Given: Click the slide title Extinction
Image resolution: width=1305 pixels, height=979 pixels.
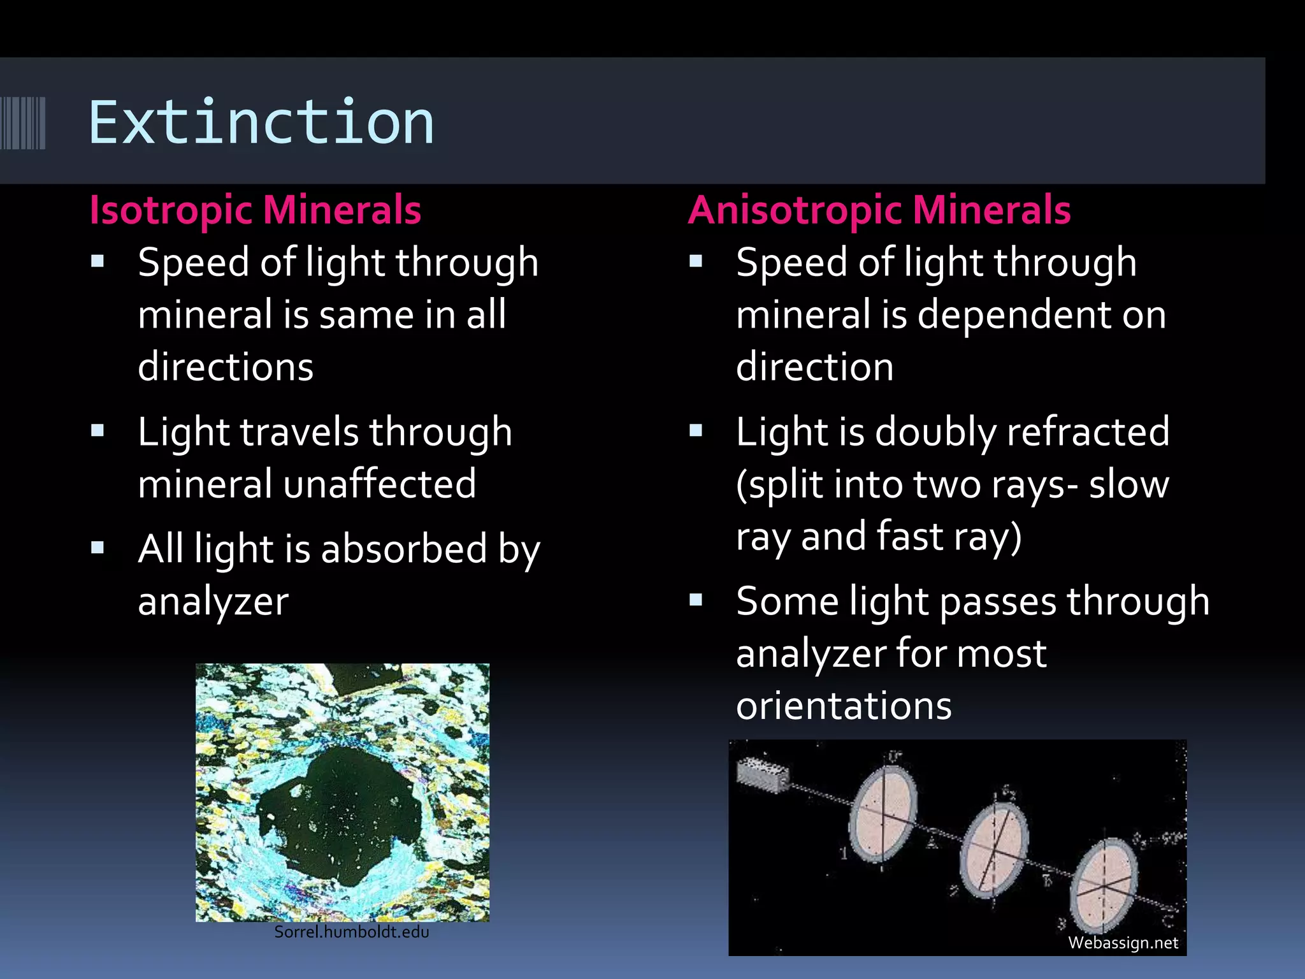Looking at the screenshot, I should click(x=261, y=122).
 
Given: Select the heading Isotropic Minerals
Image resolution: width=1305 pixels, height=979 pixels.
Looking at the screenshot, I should click(x=255, y=210).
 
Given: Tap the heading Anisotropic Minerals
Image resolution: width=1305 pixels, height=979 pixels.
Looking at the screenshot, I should click(x=879, y=210).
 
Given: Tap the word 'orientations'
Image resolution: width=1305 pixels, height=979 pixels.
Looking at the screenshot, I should click(x=844, y=706).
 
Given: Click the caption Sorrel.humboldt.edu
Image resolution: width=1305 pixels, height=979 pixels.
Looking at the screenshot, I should click(x=351, y=932).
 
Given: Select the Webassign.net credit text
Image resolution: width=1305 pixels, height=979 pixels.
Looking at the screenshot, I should click(x=1123, y=943).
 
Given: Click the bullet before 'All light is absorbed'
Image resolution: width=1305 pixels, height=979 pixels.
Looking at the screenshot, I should click(x=97, y=548).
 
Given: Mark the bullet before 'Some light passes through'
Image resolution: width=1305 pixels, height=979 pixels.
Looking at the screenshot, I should click(x=696, y=600).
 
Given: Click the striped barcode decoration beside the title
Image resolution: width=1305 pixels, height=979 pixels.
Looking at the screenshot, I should click(x=23, y=122).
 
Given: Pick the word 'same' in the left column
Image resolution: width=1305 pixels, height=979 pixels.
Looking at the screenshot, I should click(x=357, y=315).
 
